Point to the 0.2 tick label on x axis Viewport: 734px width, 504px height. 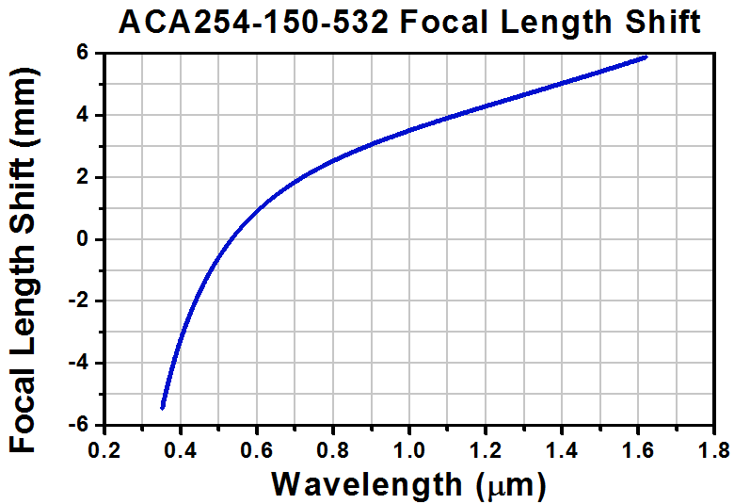[104, 446]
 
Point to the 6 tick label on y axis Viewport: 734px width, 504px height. [83, 54]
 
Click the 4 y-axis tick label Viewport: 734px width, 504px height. [83, 116]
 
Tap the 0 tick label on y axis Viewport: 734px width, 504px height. [83, 239]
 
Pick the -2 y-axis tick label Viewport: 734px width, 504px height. [78, 301]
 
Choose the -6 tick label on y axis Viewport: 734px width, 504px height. [78, 425]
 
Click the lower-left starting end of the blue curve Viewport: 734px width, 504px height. [163, 407]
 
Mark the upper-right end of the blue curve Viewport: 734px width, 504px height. [646, 57]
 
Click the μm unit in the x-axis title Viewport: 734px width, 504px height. [514, 485]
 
